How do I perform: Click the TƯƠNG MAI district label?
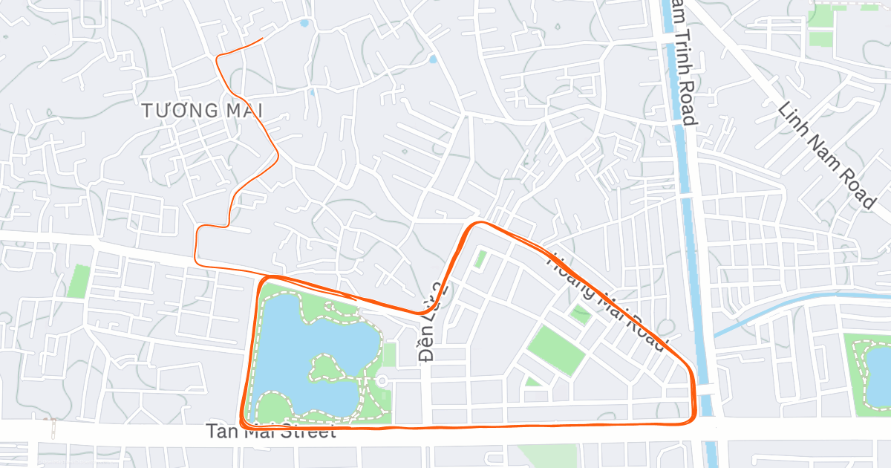203,111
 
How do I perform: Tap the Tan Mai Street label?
271,431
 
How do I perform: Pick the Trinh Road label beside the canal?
682,63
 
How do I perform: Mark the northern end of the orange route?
263,39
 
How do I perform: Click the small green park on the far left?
77,282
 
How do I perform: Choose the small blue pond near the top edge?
304,24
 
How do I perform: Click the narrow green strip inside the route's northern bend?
480,259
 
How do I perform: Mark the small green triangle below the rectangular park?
532,382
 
